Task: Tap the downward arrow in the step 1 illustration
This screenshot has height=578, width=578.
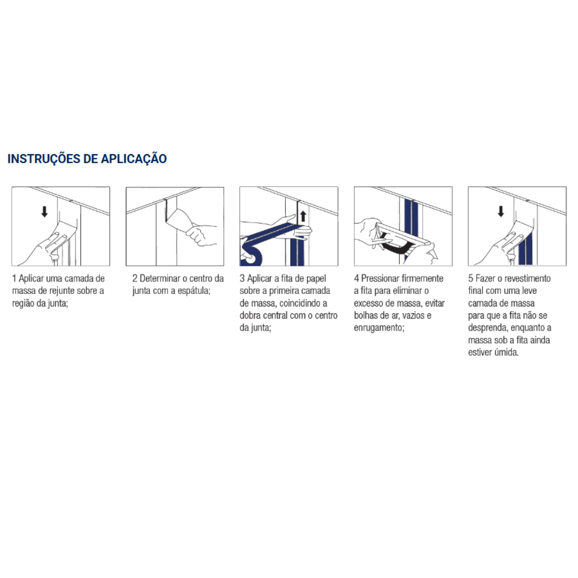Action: (44, 211)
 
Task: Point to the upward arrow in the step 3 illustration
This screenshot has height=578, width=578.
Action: (303, 217)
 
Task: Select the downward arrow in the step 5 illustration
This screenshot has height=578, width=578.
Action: (501, 211)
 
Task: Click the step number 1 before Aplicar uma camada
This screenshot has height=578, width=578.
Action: (14, 278)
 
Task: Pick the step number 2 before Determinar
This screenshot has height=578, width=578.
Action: (135, 278)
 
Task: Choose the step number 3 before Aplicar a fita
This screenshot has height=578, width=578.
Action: (242, 278)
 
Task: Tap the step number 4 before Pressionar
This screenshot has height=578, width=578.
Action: (356, 278)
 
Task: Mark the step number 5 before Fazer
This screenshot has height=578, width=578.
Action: (470, 278)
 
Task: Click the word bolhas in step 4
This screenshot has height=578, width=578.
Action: (366, 315)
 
